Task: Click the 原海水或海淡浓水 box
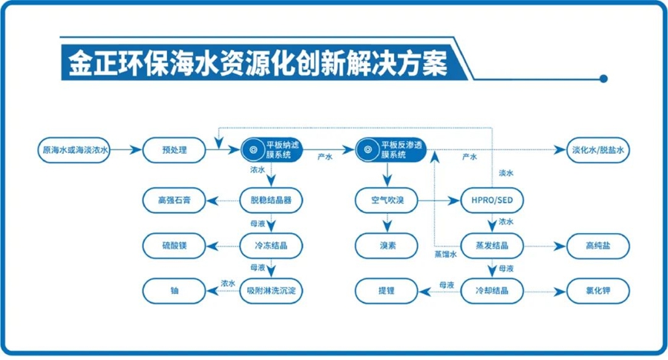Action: pos(75,150)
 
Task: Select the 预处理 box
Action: pos(174,150)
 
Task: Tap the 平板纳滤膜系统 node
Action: pos(272,150)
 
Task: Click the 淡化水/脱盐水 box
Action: pos(600,150)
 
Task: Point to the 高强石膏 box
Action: pos(174,200)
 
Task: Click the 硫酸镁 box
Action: pos(174,245)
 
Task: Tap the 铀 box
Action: pos(174,289)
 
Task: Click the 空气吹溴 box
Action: pos(385,200)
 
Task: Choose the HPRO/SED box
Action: pos(491,200)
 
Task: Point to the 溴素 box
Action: pos(385,245)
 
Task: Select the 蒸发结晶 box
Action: pos(491,245)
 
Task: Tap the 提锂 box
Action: pos(385,289)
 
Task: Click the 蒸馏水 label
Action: pos(446,255)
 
